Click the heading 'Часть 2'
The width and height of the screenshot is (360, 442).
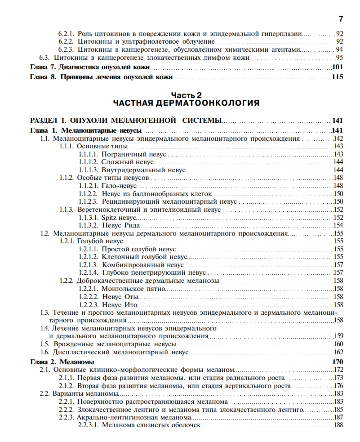pyautogui.click(x=187, y=95)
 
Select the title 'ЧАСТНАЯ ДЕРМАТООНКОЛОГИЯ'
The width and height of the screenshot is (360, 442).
pyautogui.click(x=187, y=103)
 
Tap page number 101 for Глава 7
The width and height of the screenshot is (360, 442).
pyautogui.click(x=337, y=67)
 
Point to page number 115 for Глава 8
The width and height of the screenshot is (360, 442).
pyautogui.click(x=337, y=77)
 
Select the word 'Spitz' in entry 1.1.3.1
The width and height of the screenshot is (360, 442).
pyautogui.click(x=111, y=217)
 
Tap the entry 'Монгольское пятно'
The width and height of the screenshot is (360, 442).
pyautogui.click(x=133, y=288)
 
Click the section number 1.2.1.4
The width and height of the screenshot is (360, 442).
pyautogui.click(x=88, y=272)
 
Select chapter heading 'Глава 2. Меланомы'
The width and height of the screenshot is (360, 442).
pyautogui.click(x=62, y=362)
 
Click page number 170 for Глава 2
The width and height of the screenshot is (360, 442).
pyautogui.click(x=337, y=362)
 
